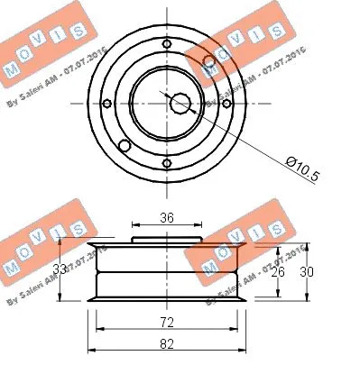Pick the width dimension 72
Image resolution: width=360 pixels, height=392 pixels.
167,322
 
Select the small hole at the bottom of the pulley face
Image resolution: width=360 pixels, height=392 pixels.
167,163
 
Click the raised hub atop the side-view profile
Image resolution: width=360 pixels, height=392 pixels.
167,240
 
